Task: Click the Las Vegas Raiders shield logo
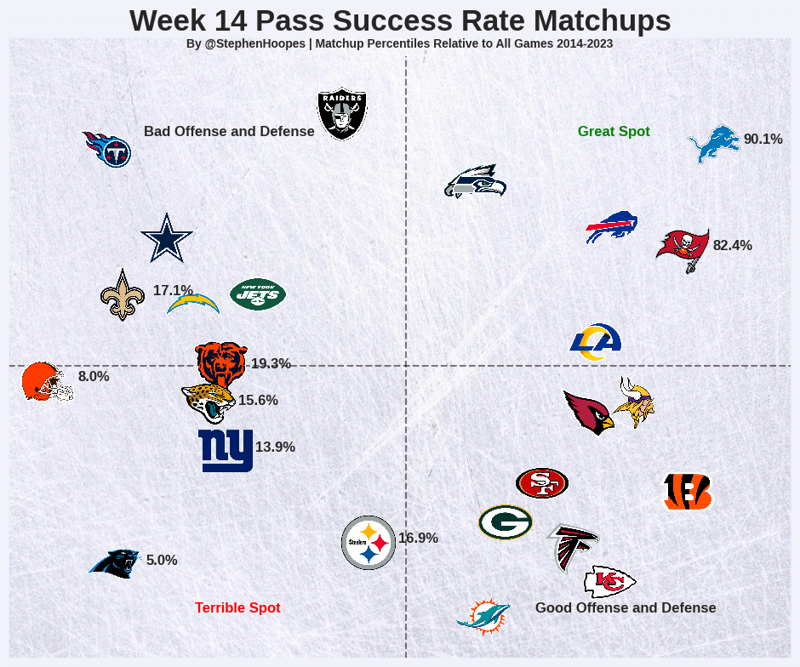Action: point(341,113)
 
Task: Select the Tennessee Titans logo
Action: point(107,149)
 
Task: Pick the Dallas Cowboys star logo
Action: point(166,238)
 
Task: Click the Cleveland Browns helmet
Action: point(47,381)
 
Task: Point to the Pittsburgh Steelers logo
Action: point(369,543)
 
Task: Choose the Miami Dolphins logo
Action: point(483,617)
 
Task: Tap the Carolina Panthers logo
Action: point(115,562)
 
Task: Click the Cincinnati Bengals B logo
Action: point(687,492)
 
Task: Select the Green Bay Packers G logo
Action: point(505,522)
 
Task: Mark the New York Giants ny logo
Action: point(226,450)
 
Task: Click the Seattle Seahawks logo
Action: point(475,181)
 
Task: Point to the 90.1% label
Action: point(763,140)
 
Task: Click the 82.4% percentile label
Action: point(732,246)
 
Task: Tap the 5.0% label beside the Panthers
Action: point(162,561)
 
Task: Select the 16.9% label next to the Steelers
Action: point(418,539)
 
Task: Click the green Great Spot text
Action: point(614,132)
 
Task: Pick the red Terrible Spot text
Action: point(237,608)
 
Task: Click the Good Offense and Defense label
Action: point(626,608)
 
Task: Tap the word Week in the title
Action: point(164,21)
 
